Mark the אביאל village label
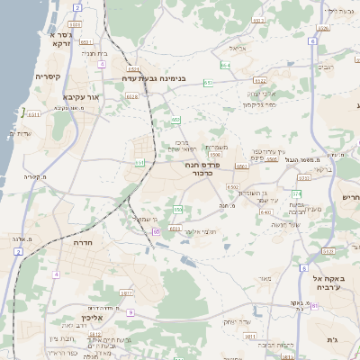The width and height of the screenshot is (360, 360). (238, 48)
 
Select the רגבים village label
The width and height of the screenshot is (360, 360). (326, 67)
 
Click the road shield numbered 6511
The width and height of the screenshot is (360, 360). (34, 115)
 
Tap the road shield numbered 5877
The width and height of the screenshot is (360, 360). (126, 293)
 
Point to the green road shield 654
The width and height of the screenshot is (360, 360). (224, 66)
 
